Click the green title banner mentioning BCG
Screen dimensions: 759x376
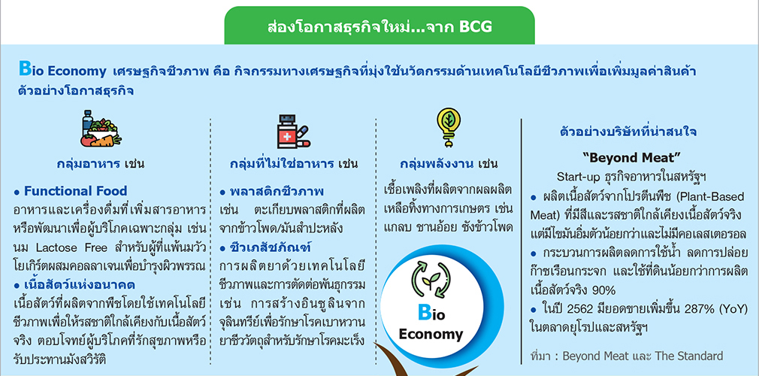(x=379, y=26)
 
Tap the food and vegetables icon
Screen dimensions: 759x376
(x=101, y=129)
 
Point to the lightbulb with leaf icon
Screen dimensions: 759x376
(x=448, y=127)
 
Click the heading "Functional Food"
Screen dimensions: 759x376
(x=75, y=191)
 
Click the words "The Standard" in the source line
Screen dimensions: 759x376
(x=689, y=356)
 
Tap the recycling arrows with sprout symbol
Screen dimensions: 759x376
(x=431, y=280)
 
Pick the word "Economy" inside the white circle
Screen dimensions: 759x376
(x=431, y=335)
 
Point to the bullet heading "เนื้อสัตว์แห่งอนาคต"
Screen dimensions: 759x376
(x=79, y=284)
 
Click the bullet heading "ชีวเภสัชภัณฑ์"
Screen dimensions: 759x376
(x=271, y=248)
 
